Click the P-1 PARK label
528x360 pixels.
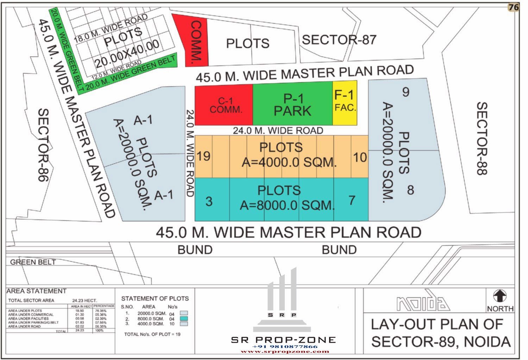[293, 105]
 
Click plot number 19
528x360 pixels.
[203, 156]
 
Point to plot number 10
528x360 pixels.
[360, 157]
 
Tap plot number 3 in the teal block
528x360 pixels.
[209, 201]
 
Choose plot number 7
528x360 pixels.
[352, 200]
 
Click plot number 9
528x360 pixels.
[406, 92]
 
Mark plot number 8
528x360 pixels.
[410, 190]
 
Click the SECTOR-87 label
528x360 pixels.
[339, 40]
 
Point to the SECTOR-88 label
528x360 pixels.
[482, 139]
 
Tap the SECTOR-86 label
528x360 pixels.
[43, 145]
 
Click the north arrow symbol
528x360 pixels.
[500, 296]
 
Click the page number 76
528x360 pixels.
[514, 7]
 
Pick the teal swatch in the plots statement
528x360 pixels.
[184, 318]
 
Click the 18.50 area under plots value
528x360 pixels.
[80, 311]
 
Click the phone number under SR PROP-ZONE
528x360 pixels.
[285, 347]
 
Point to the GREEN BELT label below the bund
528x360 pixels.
[33, 262]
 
